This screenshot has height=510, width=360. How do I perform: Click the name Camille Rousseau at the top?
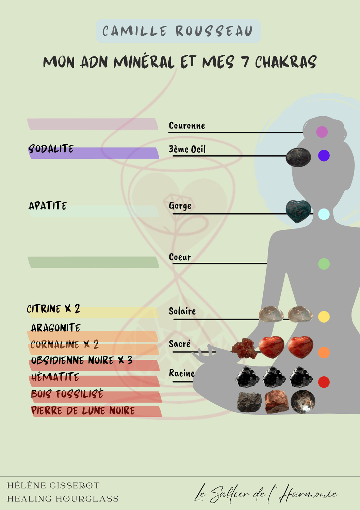point(178,31)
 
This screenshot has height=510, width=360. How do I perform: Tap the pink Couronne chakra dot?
point(322,132)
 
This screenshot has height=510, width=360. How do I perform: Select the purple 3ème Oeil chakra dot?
point(324,155)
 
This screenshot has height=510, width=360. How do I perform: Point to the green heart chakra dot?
point(324,264)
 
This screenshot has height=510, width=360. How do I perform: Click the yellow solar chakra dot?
point(324,317)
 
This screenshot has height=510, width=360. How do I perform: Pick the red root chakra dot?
point(324,382)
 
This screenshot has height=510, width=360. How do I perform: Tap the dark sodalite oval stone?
point(298,157)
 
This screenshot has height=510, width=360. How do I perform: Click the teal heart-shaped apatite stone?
point(298,211)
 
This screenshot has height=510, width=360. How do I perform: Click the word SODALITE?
point(51,149)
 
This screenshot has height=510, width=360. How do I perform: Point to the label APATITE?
point(48,205)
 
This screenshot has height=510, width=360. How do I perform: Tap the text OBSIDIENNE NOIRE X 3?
point(82,360)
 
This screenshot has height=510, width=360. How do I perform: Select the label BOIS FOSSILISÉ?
point(67,394)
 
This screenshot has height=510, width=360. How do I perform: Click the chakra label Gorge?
point(180,206)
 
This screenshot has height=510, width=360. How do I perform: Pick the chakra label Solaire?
point(182,311)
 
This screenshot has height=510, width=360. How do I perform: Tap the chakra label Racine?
point(182,373)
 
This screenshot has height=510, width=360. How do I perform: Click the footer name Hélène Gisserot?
point(53,486)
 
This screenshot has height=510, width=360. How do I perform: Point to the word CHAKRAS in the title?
point(286,62)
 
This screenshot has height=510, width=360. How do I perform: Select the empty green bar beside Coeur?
point(94,262)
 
